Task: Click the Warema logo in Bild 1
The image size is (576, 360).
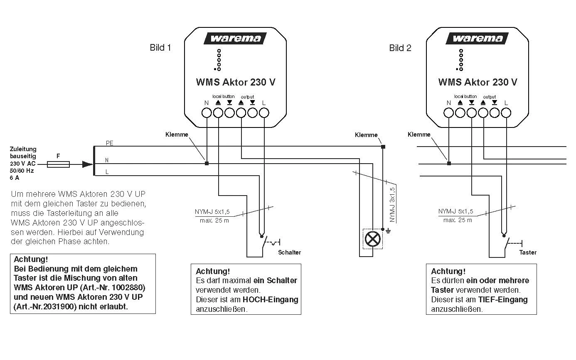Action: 235,39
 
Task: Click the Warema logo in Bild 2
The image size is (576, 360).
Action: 477,39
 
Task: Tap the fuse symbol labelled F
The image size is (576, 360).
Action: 58,164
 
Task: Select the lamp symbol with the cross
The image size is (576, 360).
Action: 373,239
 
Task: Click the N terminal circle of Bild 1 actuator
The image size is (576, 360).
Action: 207,113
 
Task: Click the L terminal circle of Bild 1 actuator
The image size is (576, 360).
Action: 264,113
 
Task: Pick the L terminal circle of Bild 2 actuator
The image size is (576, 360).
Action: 506,113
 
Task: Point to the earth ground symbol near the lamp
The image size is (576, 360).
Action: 388,231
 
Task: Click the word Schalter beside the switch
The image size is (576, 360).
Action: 290,252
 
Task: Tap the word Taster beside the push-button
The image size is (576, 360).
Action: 528,252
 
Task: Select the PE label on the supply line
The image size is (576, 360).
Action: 110,143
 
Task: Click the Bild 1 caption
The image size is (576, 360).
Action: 160,47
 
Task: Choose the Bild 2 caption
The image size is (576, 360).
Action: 400,48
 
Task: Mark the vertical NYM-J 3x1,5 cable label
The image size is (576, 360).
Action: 392,205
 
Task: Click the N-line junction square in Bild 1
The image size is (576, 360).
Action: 207,164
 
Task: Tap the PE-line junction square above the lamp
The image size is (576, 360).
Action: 383,147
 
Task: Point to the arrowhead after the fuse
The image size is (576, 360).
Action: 87,164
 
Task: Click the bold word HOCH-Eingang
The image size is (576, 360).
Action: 271,300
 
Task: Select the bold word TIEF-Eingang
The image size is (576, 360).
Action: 503,300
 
